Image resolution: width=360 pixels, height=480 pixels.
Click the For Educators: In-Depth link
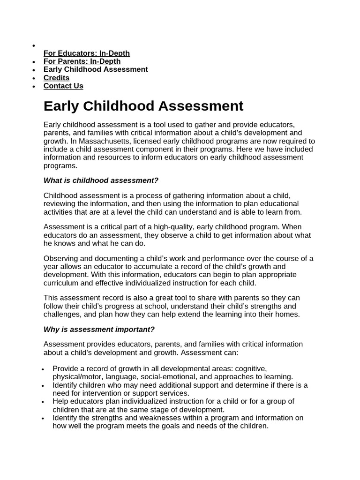tap(86, 53)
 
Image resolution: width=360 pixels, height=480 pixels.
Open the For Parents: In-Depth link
tap(82, 61)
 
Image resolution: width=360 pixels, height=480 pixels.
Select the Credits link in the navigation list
tap(56, 78)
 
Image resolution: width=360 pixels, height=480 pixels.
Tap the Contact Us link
tap(63, 86)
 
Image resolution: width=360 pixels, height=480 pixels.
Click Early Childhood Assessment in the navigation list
tap(96, 69)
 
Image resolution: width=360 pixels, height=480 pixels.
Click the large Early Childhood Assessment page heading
tap(143, 106)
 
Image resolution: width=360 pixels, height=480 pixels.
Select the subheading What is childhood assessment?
tap(101, 180)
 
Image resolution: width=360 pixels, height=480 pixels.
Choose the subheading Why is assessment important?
tap(99, 329)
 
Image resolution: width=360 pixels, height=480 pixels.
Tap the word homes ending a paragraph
tap(288, 314)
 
